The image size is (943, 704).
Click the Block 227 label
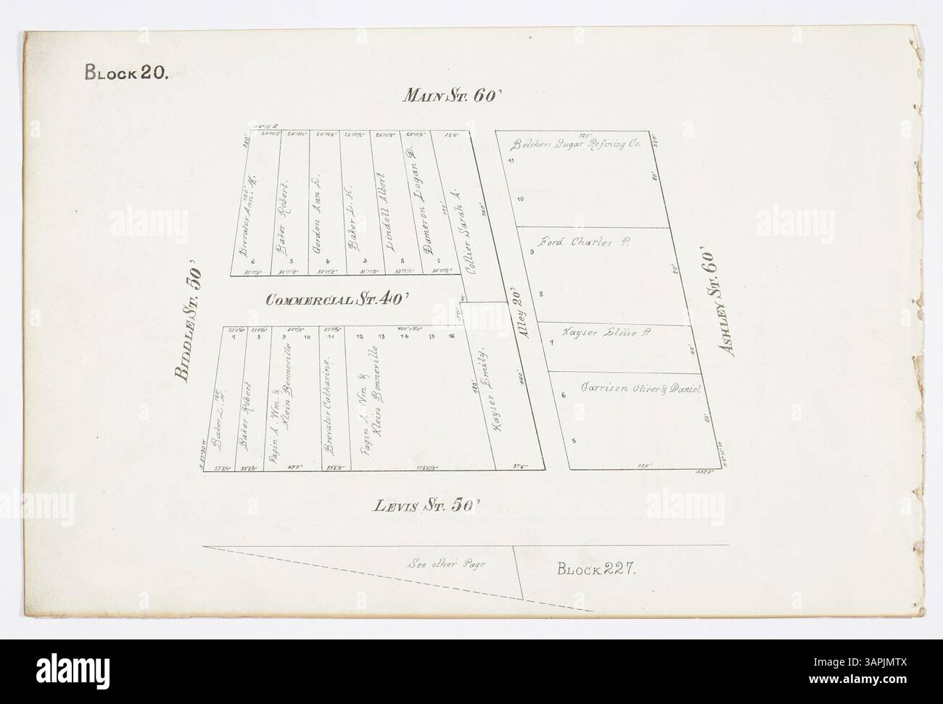(x=598, y=569)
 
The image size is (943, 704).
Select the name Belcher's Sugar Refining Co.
(x=577, y=144)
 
